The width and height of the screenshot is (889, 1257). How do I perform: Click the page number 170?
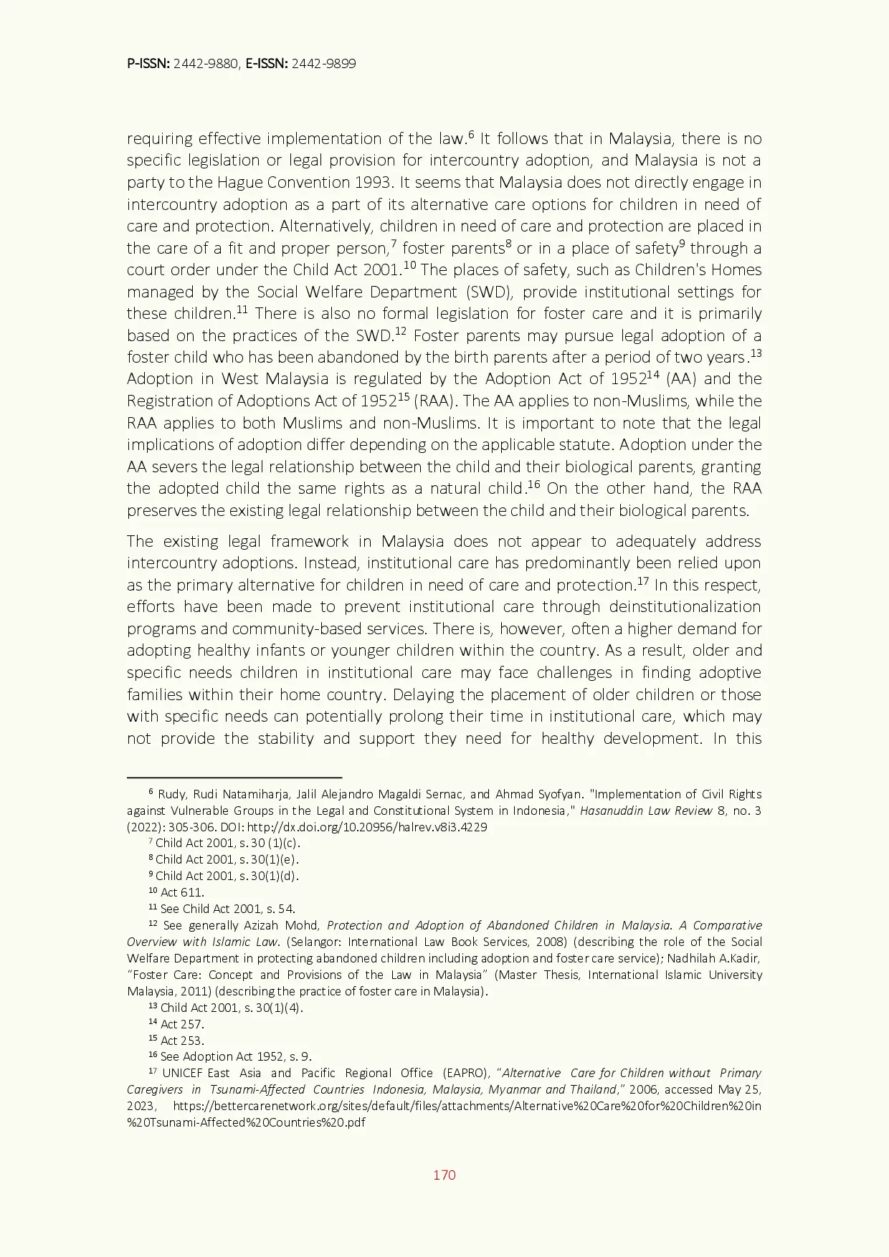[x=444, y=1175]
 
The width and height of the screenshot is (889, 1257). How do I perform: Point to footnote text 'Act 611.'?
[x=182, y=892]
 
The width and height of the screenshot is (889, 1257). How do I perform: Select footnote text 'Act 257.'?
[x=182, y=1024]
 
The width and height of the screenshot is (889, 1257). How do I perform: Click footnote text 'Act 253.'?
[x=182, y=1041]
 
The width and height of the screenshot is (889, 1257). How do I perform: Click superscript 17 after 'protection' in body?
[x=643, y=581]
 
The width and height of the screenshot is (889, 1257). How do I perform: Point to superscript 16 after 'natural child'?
[x=533, y=484]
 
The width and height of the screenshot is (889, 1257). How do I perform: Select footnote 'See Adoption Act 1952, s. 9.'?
[x=236, y=1056]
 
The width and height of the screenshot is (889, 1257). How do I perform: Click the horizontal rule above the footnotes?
[x=234, y=777]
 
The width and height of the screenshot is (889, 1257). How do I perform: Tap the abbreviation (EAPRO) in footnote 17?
[x=465, y=1073]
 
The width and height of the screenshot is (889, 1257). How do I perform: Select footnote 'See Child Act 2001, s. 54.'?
[x=227, y=909]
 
